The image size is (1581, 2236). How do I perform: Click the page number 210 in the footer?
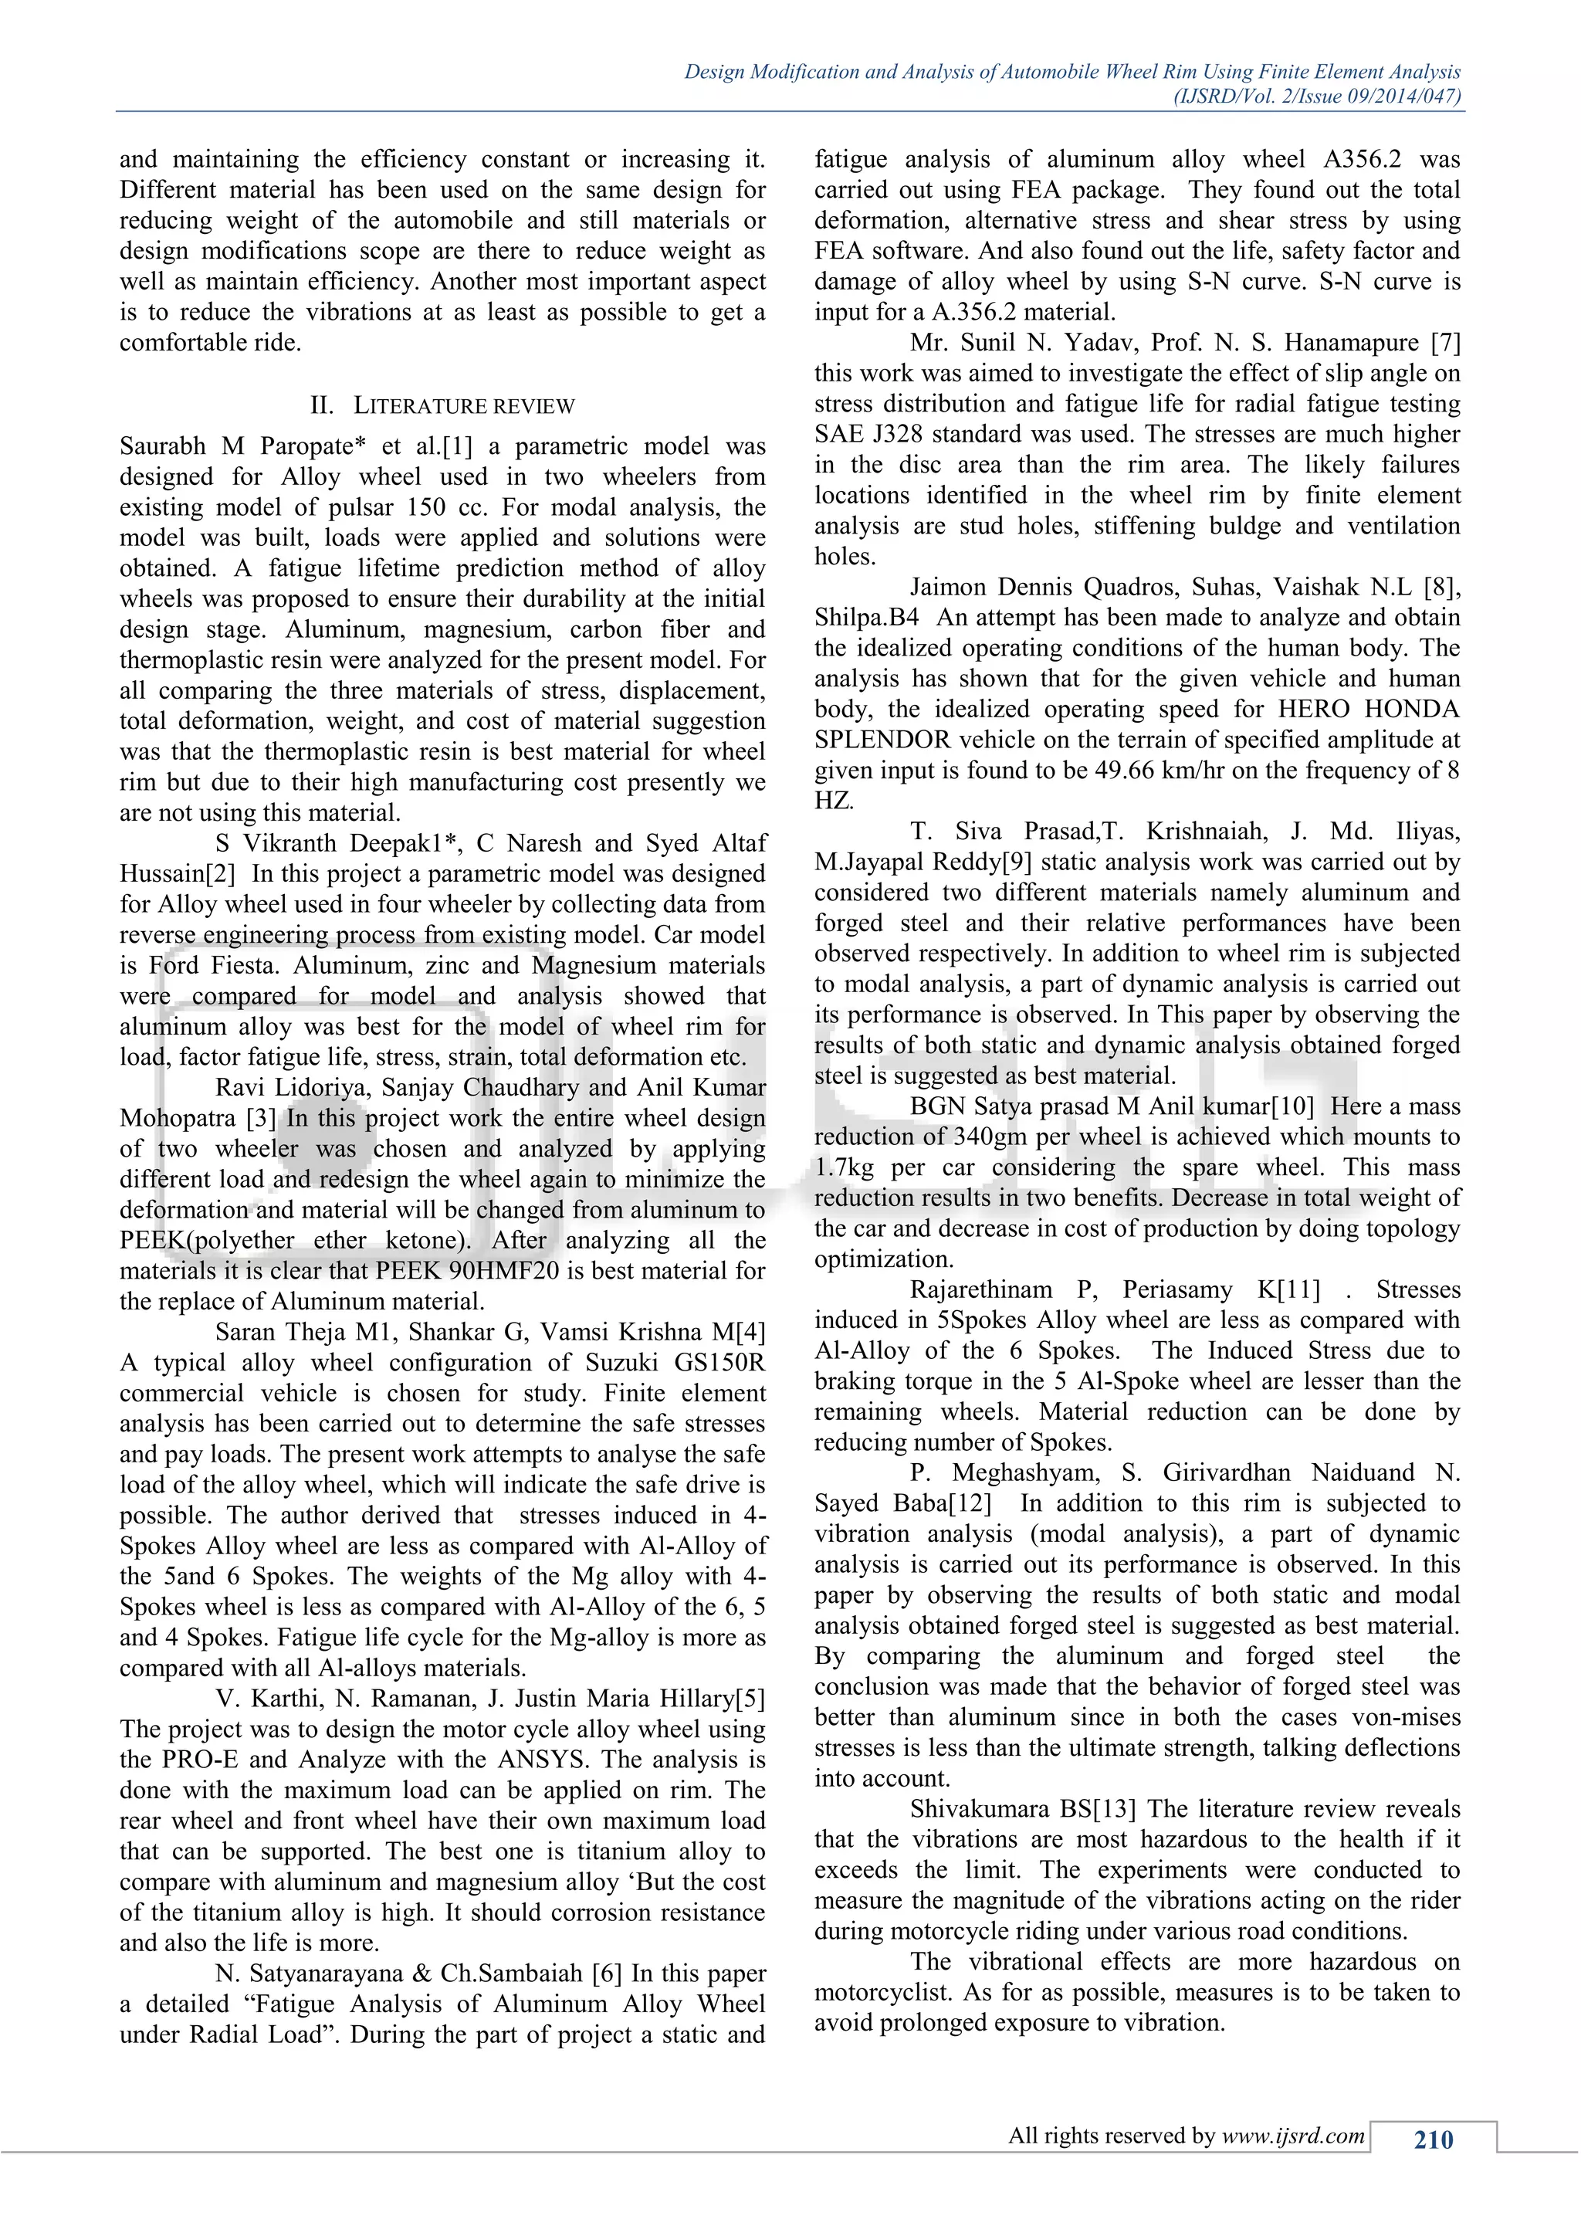click(x=1433, y=2139)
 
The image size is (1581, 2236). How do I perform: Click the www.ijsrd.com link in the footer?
click(x=1293, y=2136)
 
